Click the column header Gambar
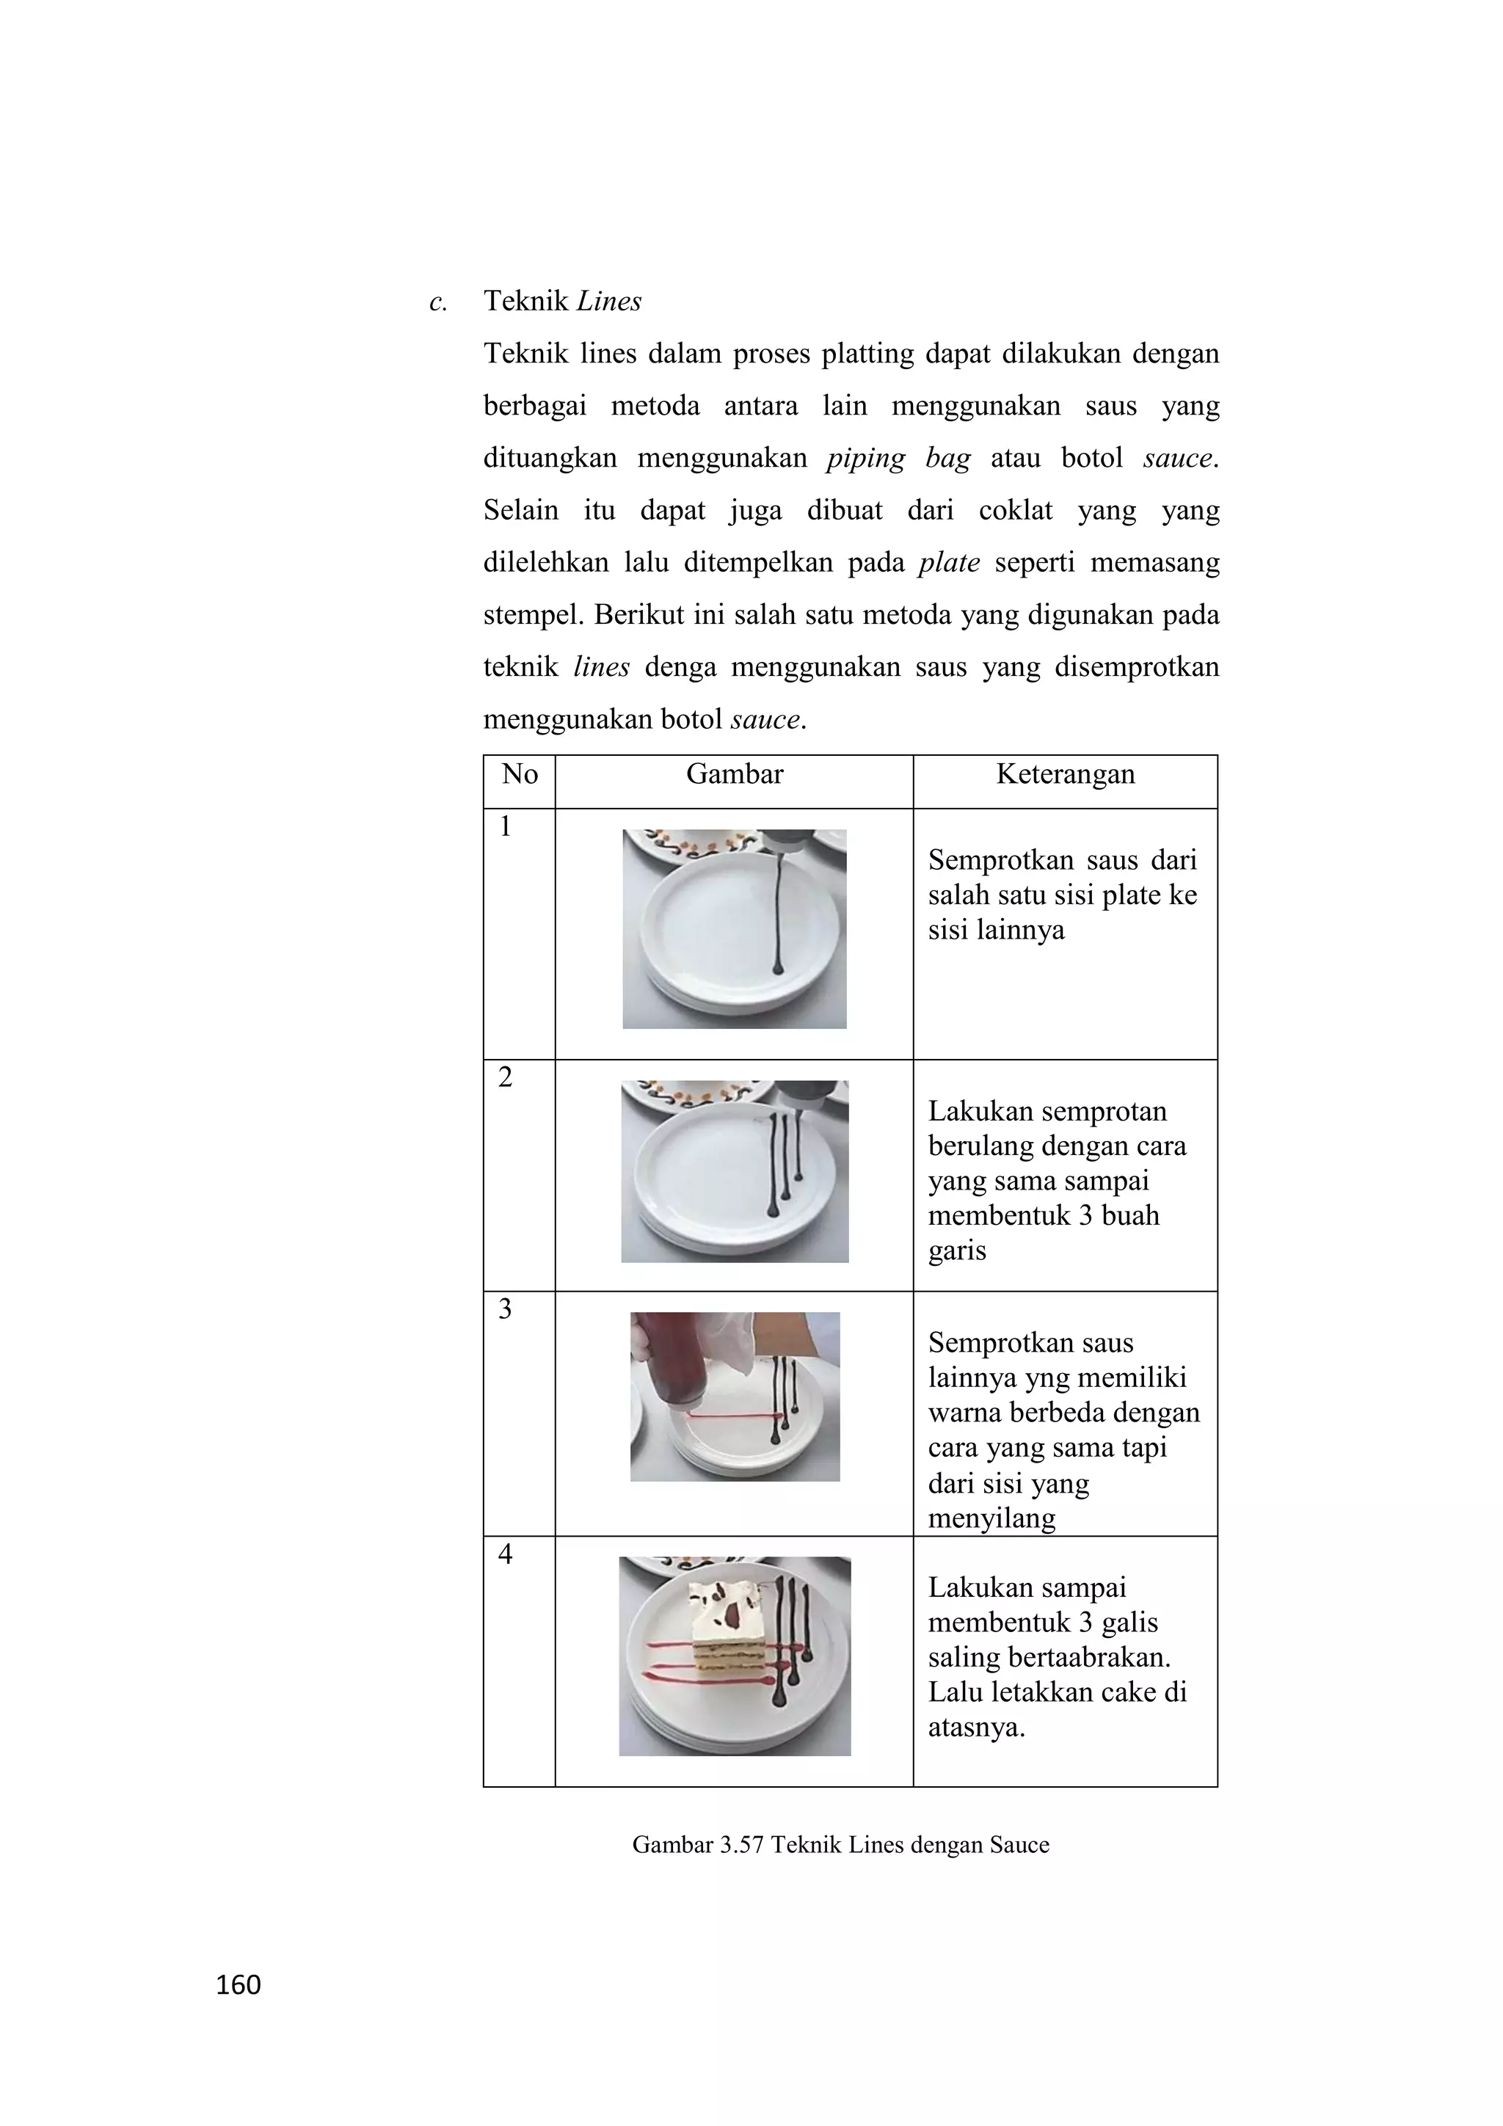pos(735,774)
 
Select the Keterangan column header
pos(1065,774)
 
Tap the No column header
pos(520,774)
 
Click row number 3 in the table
pos(505,1308)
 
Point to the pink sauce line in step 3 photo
pos(732,1416)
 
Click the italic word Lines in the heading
pos(608,302)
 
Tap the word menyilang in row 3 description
pos(991,1518)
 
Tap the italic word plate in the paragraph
pos(949,563)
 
